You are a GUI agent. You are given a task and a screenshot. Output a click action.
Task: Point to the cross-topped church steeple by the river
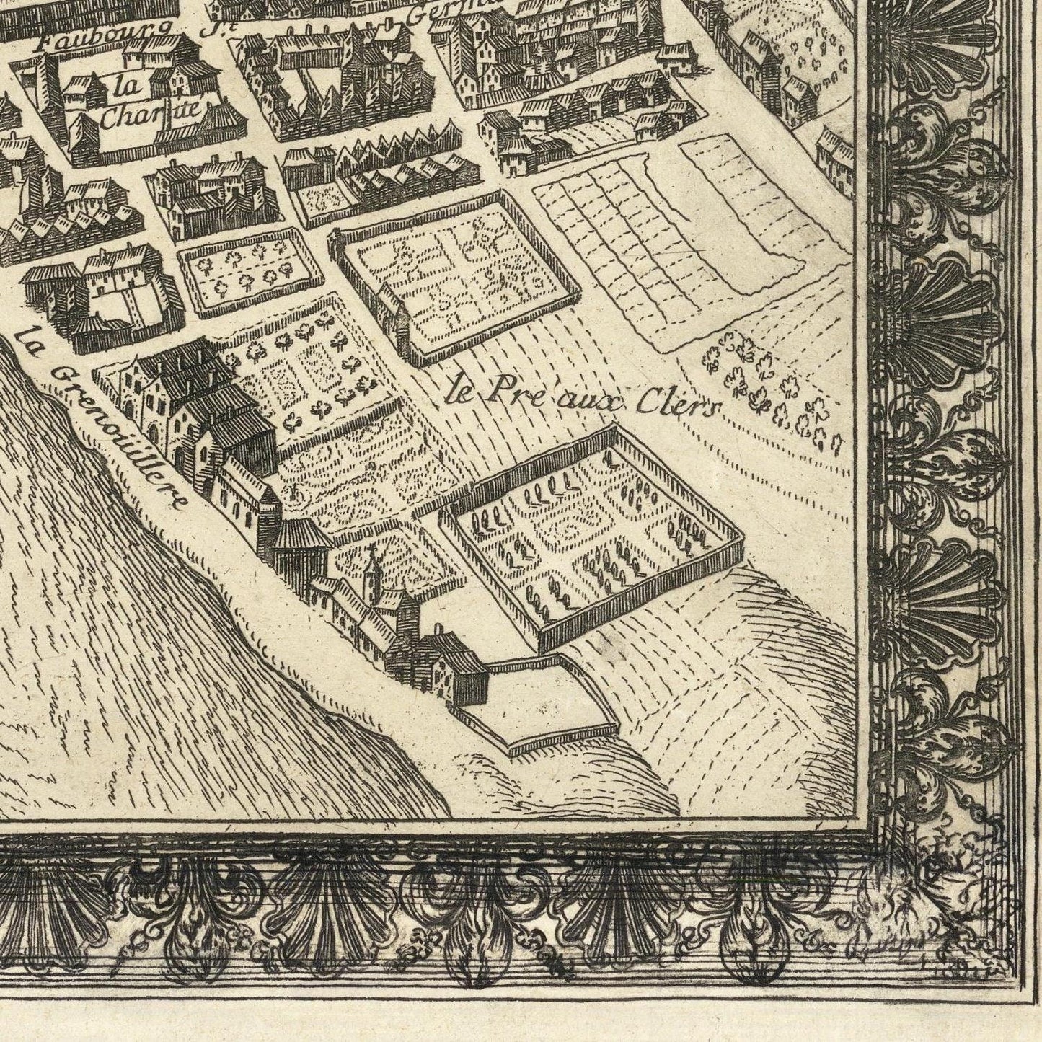[371, 566]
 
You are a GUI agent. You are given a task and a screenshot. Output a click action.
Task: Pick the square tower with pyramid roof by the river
[296, 544]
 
